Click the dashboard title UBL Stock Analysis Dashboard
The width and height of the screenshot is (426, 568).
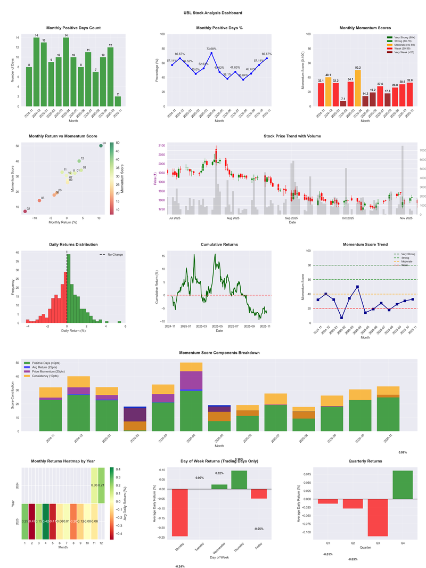tap(213, 13)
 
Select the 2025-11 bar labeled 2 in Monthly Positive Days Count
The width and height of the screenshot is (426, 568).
tap(117, 101)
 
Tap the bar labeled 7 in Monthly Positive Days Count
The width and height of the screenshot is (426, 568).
tap(95, 89)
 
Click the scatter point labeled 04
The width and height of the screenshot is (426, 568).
tap(101, 145)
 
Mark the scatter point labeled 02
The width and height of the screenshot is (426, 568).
tap(24, 212)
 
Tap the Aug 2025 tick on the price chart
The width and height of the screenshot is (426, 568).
tap(233, 218)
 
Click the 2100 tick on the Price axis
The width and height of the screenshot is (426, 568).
tap(160, 145)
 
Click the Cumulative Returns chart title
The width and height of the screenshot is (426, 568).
tap(219, 244)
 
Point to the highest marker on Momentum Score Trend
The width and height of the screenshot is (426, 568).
tap(357, 287)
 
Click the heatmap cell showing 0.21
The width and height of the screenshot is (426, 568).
tap(102, 485)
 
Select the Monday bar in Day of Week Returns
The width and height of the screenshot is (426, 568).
tap(180, 512)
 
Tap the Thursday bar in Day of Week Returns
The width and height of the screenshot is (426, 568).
tap(239, 480)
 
